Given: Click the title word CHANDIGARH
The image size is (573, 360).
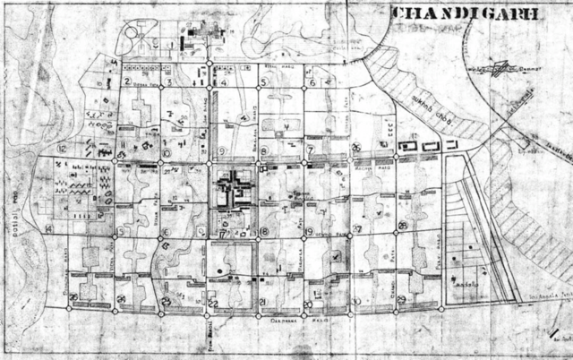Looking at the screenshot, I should coord(465,14).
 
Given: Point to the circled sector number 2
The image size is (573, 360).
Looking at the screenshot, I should coord(128,81).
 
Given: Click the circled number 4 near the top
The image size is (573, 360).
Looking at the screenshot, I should coord(224,81).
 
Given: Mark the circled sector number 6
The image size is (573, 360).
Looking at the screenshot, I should coord(312,82).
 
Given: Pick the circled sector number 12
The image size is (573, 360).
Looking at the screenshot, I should coord(62,148).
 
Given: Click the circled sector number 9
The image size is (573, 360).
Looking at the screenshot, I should coord(219,150).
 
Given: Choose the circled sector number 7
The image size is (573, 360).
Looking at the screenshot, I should coord(310,149).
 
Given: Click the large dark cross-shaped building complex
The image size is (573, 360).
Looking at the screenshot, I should coord(235,189).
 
